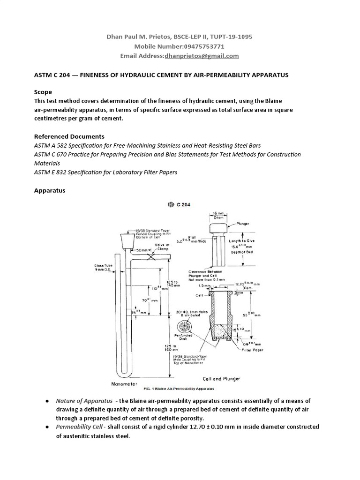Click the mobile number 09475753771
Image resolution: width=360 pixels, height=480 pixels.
click(202, 46)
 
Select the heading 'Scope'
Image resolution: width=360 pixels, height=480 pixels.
click(43, 92)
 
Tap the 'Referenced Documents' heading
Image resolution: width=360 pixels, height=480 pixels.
click(69, 136)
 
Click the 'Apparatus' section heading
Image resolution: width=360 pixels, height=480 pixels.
click(50, 191)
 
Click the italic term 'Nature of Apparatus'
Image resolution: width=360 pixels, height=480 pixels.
click(84, 401)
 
